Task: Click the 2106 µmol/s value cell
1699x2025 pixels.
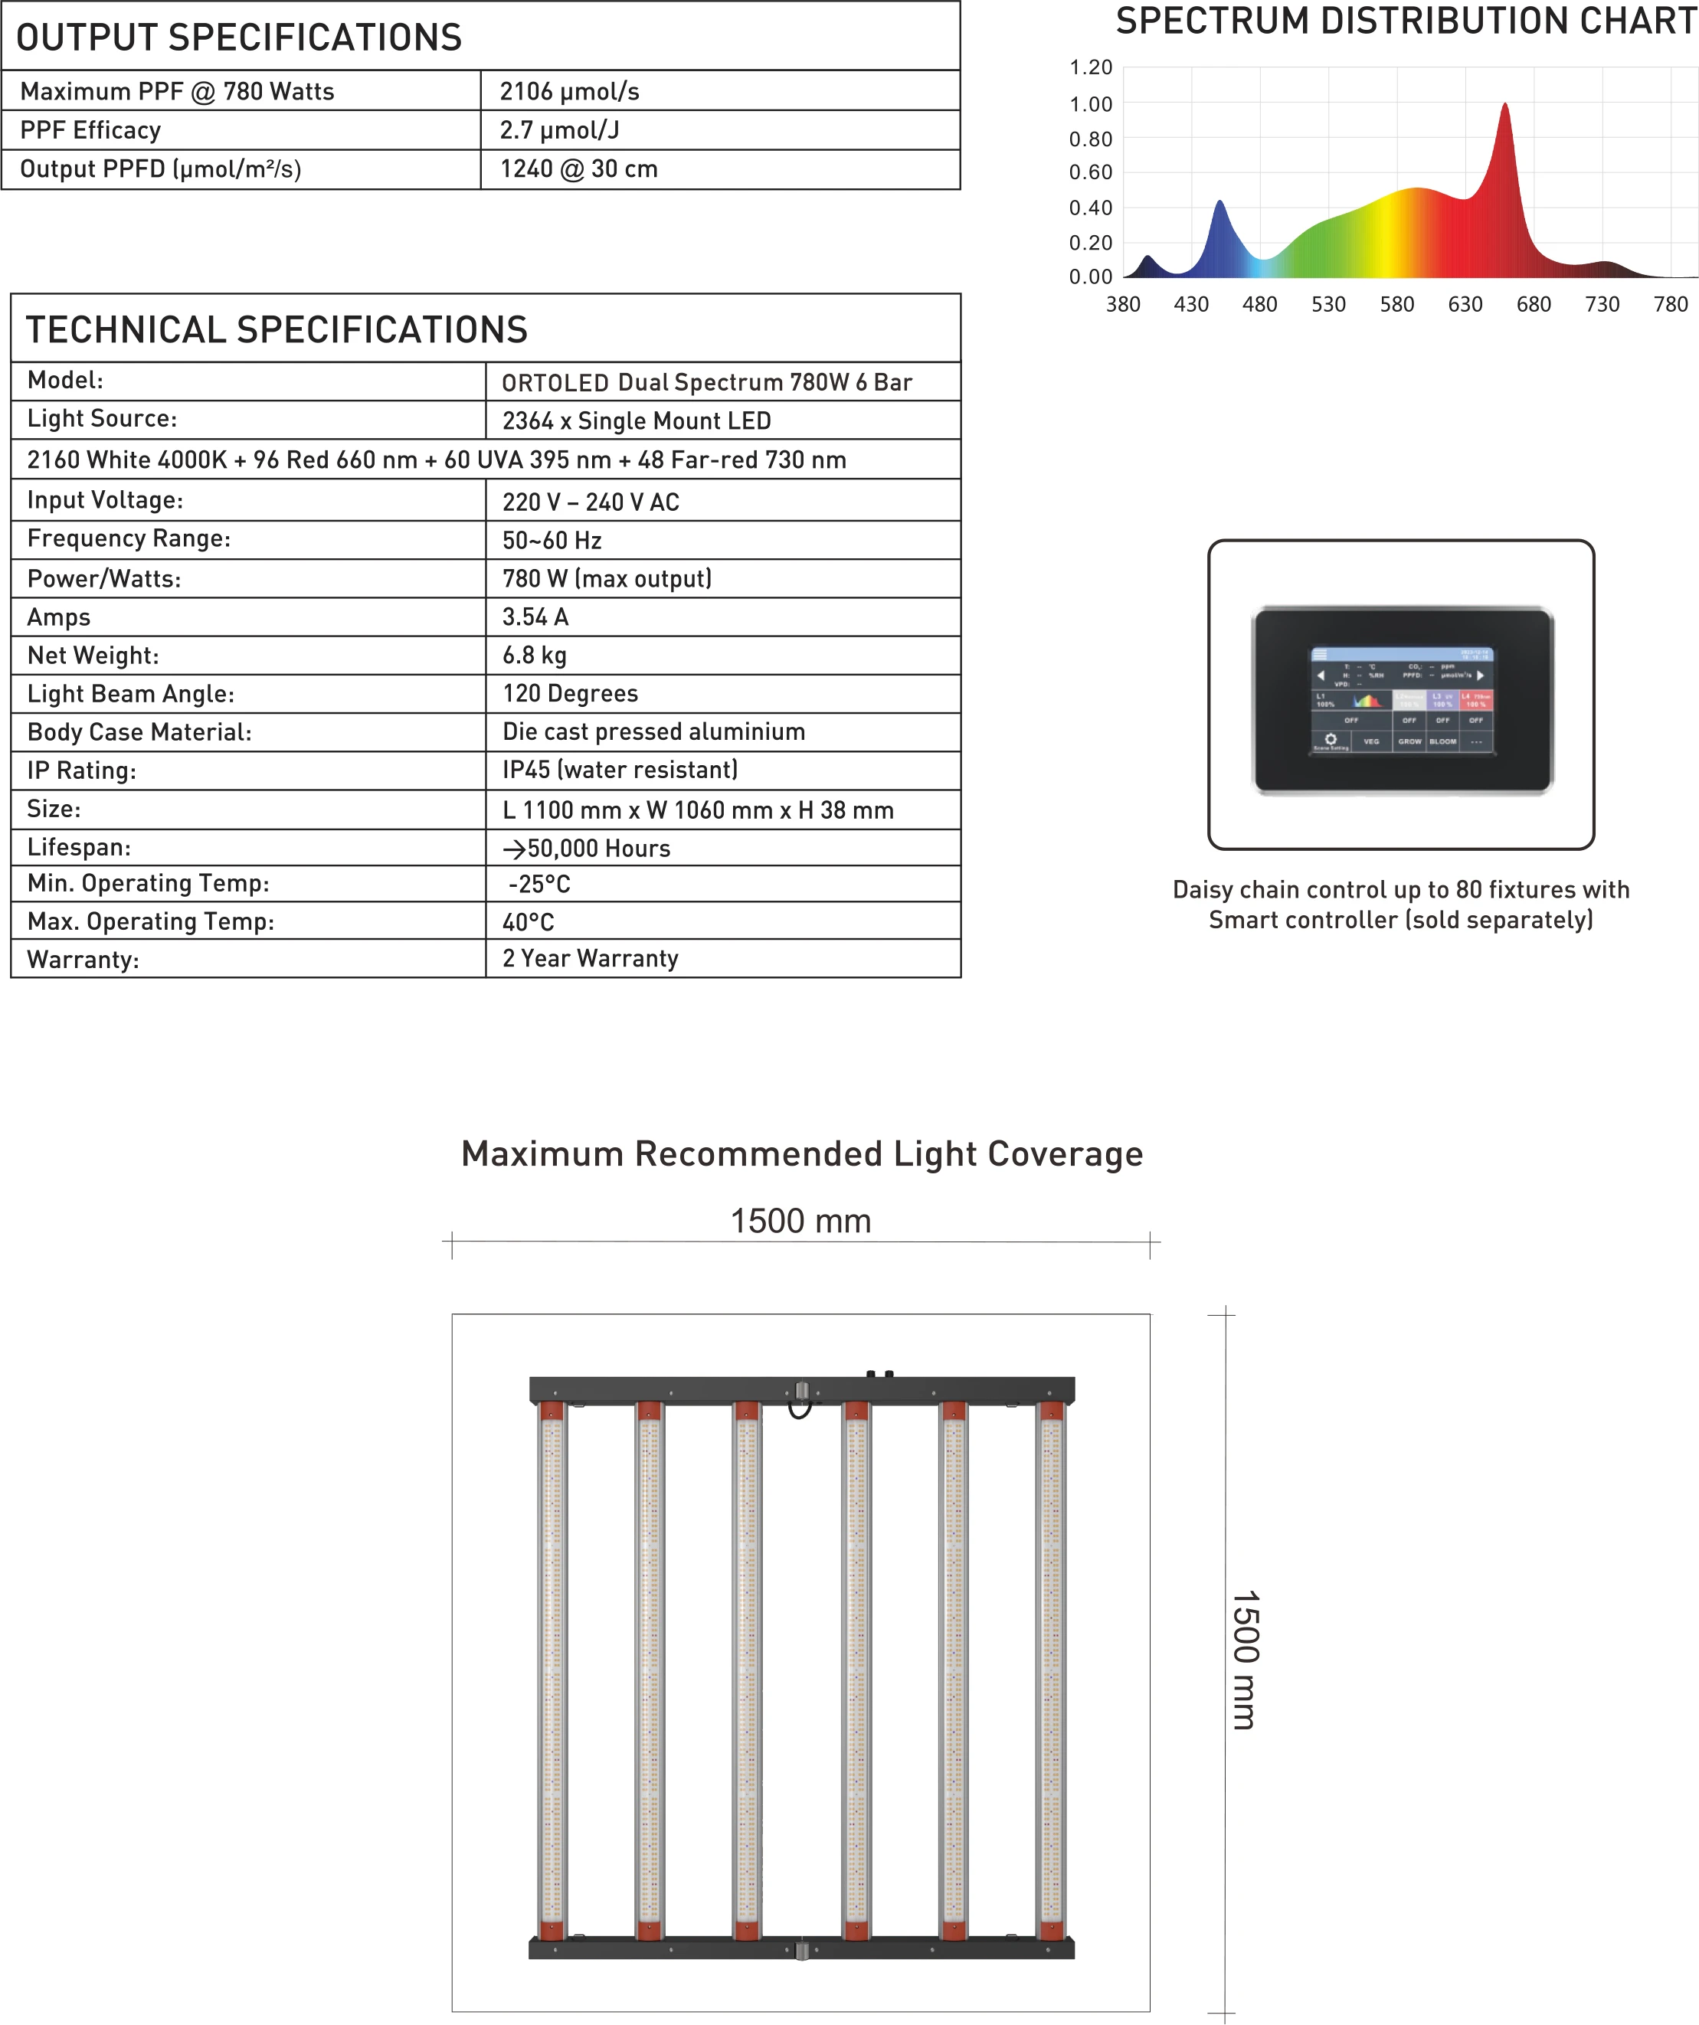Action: pos(569,92)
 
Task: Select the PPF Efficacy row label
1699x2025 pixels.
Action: pos(90,130)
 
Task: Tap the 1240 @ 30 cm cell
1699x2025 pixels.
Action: pos(578,168)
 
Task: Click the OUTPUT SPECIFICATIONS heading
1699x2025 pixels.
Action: pos(239,38)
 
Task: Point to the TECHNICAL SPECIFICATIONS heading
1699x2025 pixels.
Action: pos(277,330)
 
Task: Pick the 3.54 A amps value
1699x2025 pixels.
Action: pos(535,617)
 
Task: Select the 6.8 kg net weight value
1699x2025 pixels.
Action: pos(534,656)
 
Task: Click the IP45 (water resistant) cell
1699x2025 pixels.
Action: pos(620,770)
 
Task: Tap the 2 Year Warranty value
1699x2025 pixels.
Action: pos(590,958)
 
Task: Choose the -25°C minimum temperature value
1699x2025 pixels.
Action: pos(539,885)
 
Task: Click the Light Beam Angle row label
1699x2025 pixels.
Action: pos(130,695)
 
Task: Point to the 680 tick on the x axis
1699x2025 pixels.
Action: pos(1533,305)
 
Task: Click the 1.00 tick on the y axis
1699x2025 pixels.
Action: pos(1091,104)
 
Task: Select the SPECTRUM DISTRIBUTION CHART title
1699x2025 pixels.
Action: pos(1406,21)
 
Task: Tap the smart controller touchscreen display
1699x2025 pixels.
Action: pos(1401,700)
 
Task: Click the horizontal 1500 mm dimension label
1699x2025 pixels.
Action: pos(800,1221)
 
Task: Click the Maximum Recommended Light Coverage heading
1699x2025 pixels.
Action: pos(801,1154)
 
